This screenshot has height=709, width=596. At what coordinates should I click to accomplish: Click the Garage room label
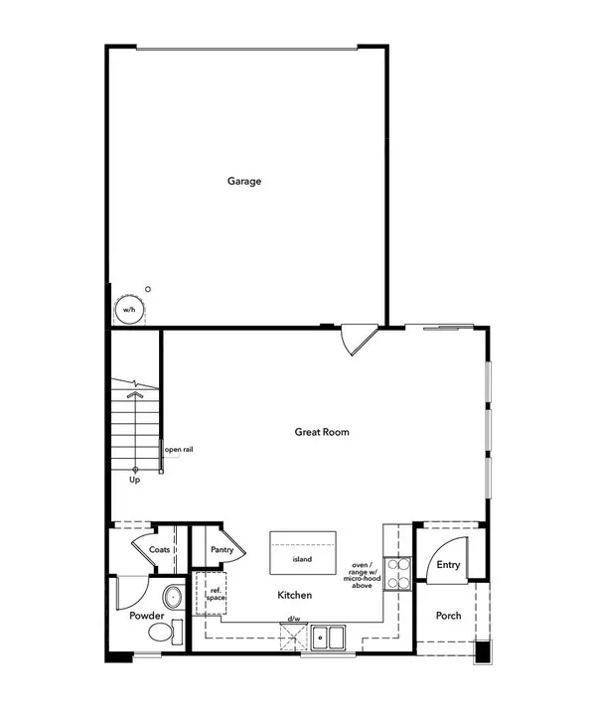point(244,181)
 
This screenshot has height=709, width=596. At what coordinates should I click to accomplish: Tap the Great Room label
point(322,432)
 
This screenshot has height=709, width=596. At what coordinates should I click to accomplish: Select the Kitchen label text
point(295,596)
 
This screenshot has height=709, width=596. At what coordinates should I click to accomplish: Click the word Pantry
point(223,549)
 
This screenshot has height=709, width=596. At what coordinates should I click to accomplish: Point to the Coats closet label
point(159,549)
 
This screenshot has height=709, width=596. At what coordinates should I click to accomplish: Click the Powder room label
point(147,616)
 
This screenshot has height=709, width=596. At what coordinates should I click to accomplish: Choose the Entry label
point(448,565)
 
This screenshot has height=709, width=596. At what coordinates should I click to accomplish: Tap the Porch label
point(449,616)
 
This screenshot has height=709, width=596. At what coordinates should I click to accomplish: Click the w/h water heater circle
point(129,310)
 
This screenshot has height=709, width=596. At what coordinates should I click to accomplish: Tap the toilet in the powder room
point(177,633)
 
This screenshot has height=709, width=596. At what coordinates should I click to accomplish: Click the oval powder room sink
point(173,599)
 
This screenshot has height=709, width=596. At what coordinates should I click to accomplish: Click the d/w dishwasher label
point(294,620)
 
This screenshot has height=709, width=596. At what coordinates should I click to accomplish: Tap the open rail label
point(179,450)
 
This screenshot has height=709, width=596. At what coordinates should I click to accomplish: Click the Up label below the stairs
point(135,480)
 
